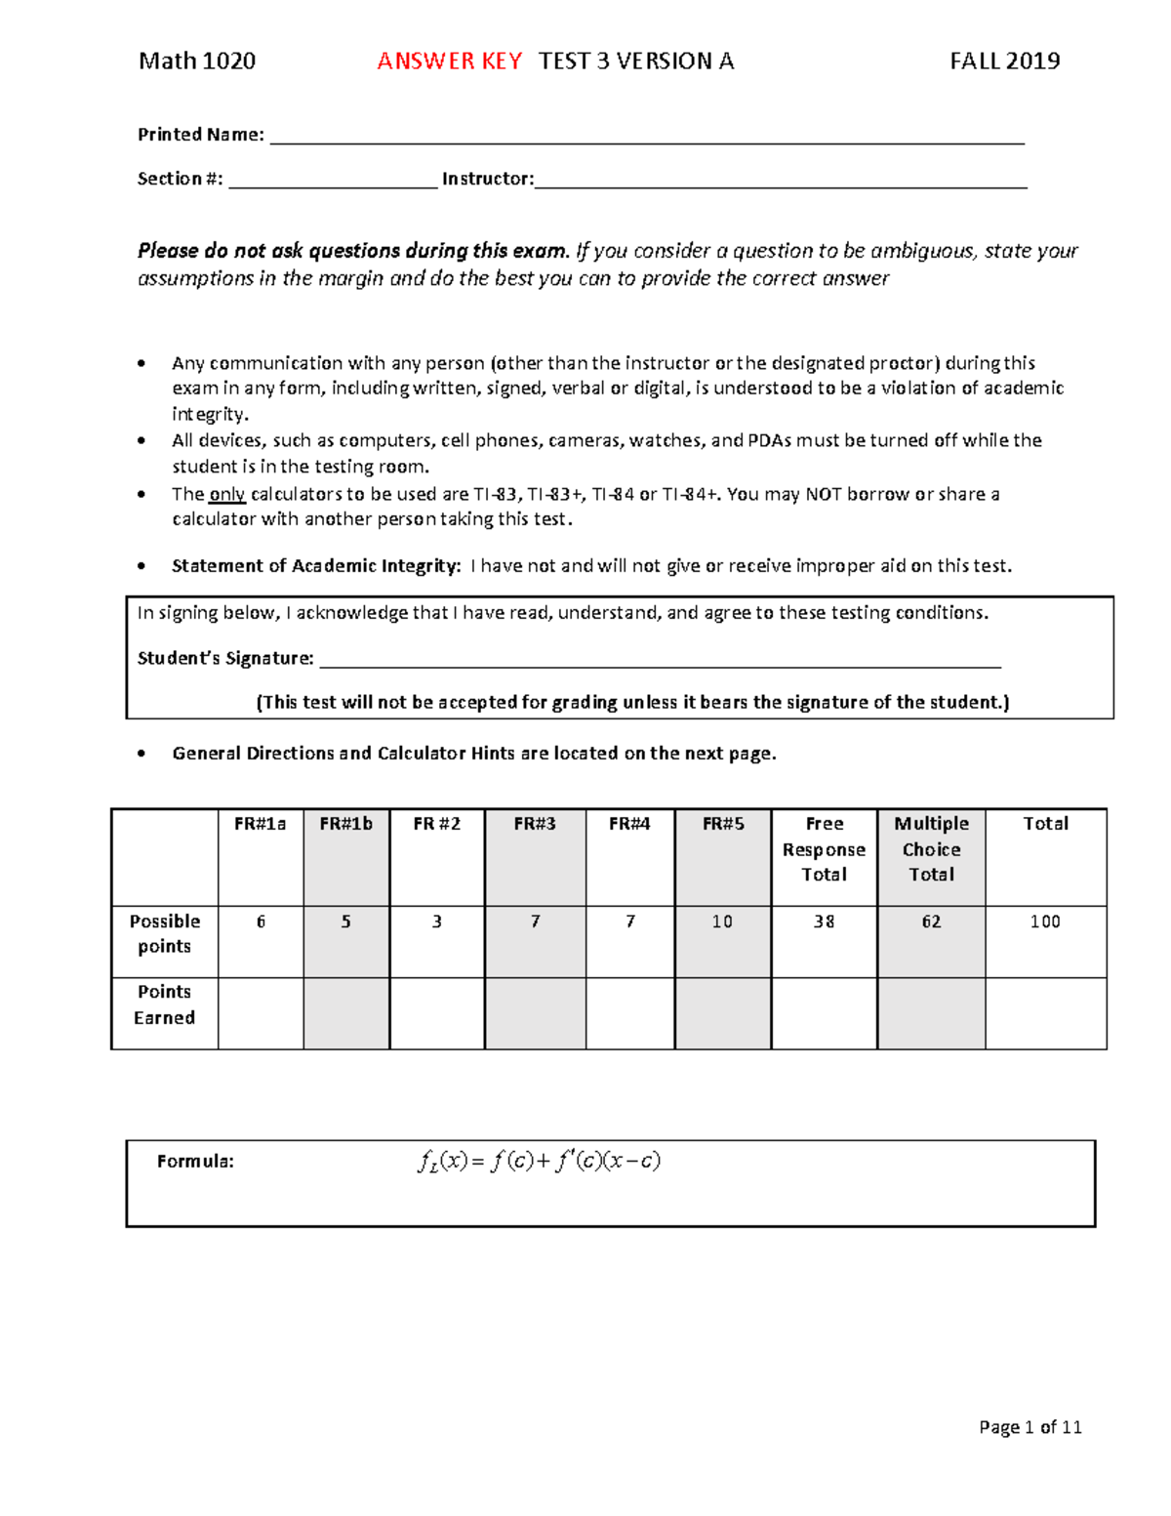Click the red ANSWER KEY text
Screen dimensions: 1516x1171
pyautogui.click(x=450, y=61)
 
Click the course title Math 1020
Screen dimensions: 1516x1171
pyautogui.click(x=197, y=61)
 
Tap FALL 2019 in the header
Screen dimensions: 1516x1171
pyautogui.click(x=1004, y=61)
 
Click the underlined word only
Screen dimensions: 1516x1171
pyautogui.click(x=226, y=495)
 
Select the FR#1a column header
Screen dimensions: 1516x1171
pyautogui.click(x=261, y=824)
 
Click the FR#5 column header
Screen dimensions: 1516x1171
pyautogui.click(x=723, y=824)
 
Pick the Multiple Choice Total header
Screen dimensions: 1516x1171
pyautogui.click(x=931, y=849)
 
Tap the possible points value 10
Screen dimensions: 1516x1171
pyautogui.click(x=722, y=922)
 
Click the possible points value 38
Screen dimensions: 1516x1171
pyautogui.click(x=824, y=922)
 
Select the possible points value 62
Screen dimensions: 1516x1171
pyautogui.click(x=931, y=922)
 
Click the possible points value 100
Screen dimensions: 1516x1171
pyautogui.click(x=1045, y=922)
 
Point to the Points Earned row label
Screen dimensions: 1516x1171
pyautogui.click(x=164, y=1004)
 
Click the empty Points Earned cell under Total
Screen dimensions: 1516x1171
pyautogui.click(x=1045, y=1013)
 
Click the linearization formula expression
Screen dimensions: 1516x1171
pyautogui.click(x=539, y=1162)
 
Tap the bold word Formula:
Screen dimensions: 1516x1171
pyautogui.click(x=195, y=1162)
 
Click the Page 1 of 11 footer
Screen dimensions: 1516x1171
pyautogui.click(x=1030, y=1427)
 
